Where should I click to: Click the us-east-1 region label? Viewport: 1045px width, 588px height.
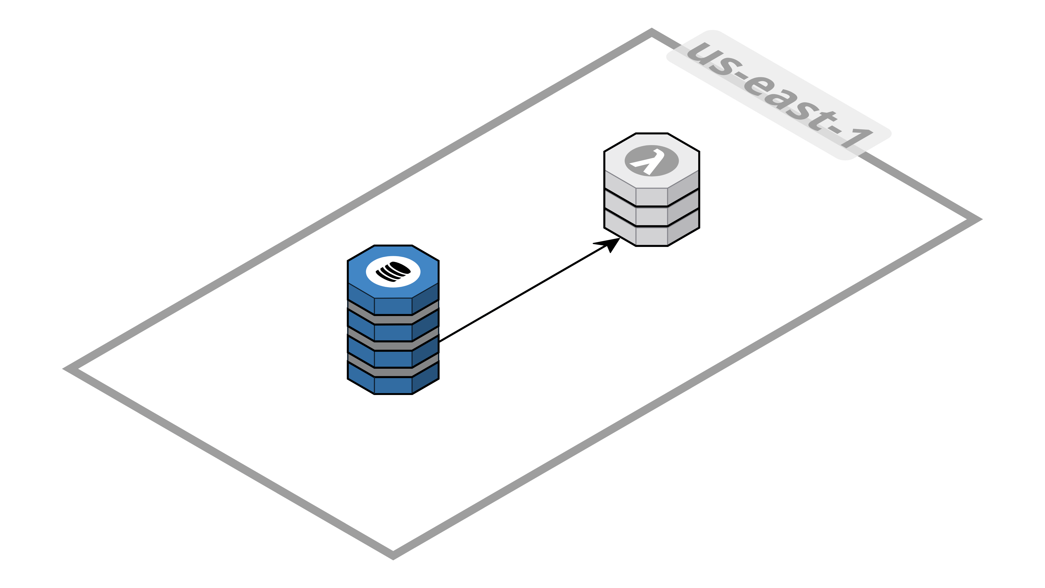[779, 95]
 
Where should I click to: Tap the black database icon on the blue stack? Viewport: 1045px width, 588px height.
[393, 271]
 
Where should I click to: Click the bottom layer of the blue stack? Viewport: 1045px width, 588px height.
[393, 385]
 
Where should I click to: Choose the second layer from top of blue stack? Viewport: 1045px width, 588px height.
[393, 332]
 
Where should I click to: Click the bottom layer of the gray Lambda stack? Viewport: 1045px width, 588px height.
[651, 236]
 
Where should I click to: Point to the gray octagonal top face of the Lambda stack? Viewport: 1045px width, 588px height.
[617, 161]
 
